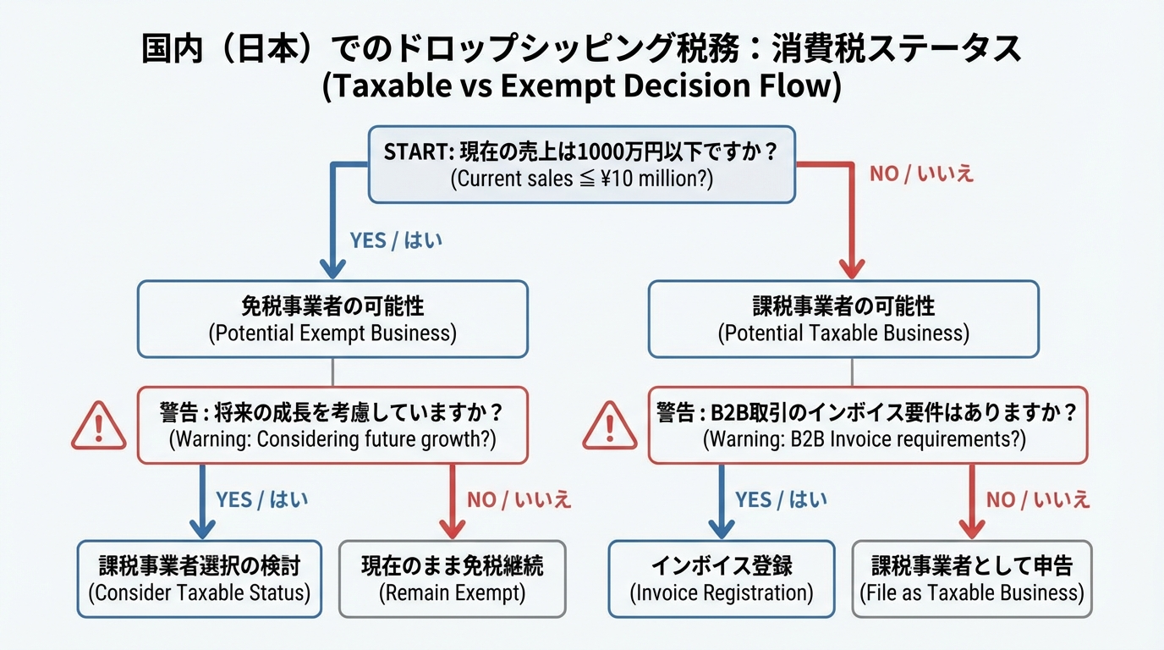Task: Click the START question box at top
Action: point(582,164)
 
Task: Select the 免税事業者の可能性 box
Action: point(332,319)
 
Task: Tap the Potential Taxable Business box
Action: point(843,319)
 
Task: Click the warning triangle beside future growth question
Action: point(99,425)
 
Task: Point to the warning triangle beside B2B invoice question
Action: point(610,425)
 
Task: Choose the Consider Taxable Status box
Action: point(200,579)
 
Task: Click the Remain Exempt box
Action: point(453,579)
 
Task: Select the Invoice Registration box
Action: point(722,579)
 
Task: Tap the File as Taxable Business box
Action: point(971,579)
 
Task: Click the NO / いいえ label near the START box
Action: point(922,174)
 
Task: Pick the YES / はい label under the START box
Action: point(396,240)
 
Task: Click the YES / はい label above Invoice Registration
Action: point(781,499)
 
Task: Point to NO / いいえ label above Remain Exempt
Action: point(519,499)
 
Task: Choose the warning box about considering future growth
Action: point(332,425)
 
